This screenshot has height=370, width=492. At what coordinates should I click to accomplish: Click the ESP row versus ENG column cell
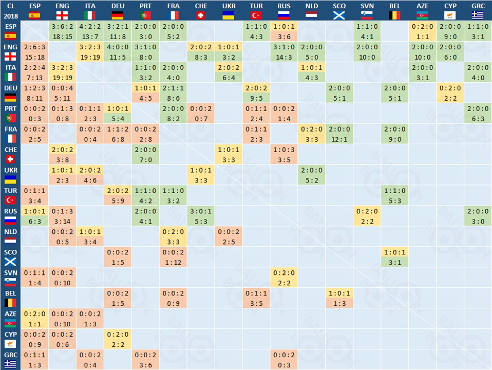[62, 31]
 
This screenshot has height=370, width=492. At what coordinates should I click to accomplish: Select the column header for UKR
[228, 10]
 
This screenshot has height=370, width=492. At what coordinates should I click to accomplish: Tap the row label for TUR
[10, 195]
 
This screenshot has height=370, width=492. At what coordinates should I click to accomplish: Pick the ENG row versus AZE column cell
[422, 51]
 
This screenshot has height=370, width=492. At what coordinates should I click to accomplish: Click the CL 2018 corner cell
[10, 10]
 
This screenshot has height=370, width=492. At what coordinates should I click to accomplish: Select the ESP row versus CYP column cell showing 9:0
[450, 31]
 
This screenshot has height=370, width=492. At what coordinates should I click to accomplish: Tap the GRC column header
[478, 10]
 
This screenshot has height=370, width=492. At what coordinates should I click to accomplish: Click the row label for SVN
[10, 277]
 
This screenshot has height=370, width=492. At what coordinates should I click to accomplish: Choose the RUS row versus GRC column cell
[478, 216]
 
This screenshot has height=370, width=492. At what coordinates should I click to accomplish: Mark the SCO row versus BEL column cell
[394, 257]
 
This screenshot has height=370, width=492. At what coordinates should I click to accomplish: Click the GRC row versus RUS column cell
[283, 360]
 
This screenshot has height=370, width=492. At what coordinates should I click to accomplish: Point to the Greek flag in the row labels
[10, 364]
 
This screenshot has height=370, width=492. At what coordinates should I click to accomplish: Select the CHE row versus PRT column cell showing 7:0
[145, 154]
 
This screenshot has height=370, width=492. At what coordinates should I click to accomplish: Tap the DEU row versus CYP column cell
[450, 92]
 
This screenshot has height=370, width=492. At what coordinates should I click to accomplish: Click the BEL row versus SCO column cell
[339, 298]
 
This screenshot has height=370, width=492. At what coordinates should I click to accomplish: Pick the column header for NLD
[311, 10]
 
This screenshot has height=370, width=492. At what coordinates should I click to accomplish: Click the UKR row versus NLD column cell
[311, 175]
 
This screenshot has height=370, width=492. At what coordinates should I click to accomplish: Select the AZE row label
[10, 319]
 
